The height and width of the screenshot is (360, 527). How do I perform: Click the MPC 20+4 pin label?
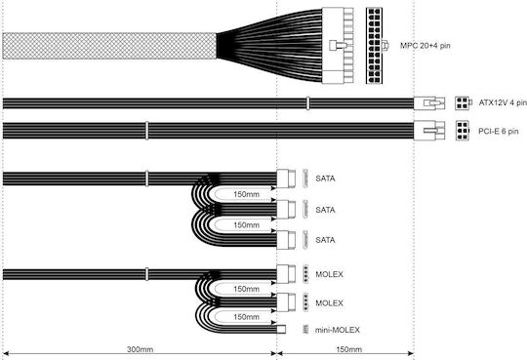(425, 46)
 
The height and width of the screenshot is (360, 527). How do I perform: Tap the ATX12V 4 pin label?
(503, 102)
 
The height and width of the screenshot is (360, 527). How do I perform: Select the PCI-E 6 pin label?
(498, 132)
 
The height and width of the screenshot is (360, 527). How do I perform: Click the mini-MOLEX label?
(337, 330)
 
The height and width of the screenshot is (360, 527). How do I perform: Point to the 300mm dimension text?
(140, 349)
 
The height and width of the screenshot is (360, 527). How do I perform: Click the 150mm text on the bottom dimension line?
(348, 349)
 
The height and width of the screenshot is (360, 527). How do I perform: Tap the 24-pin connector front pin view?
(374, 46)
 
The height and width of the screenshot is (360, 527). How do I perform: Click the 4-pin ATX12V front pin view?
(463, 102)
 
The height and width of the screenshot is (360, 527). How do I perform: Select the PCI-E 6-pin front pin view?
(463, 131)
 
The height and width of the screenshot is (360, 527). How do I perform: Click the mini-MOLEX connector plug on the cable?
(281, 329)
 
